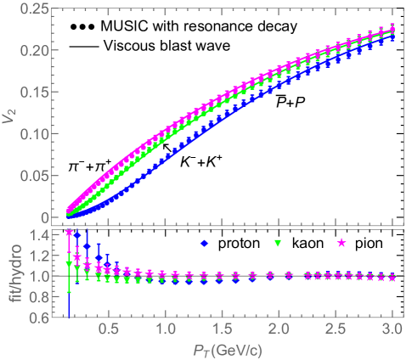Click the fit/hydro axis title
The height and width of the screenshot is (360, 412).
point(9,273)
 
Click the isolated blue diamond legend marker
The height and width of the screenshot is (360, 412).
point(204,244)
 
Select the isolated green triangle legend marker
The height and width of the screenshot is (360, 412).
point(277,245)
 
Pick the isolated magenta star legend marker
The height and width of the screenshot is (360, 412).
point(341,244)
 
